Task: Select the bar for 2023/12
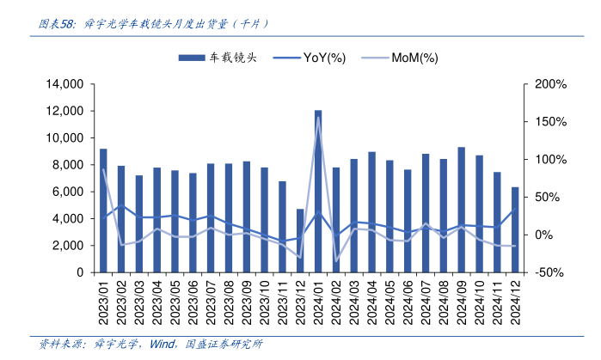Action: (300, 241)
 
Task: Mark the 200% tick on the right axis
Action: (549, 84)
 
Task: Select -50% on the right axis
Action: (548, 272)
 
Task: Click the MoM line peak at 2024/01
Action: (318, 118)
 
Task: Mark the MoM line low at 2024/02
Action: (336, 262)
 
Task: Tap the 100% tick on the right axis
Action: (549, 160)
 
